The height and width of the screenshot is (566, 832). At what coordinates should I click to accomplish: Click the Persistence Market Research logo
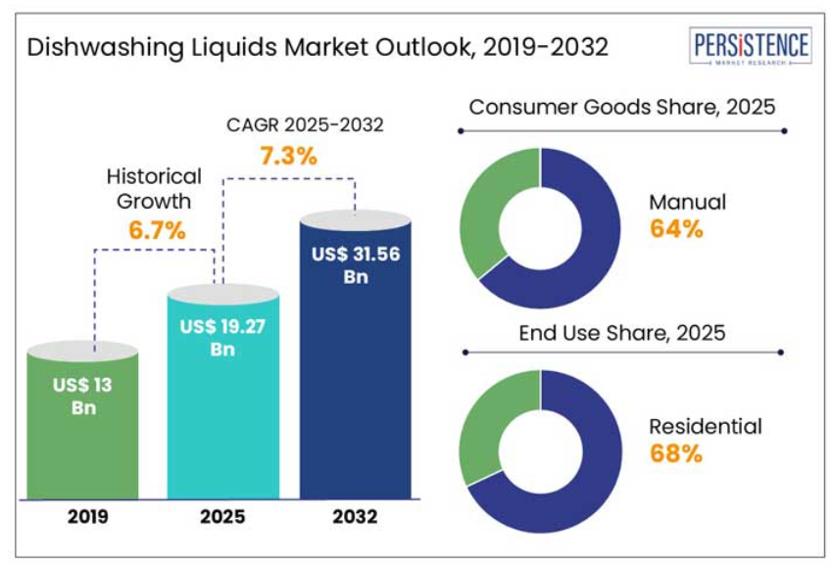coord(751,47)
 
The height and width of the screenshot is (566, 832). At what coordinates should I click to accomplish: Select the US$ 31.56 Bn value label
coord(355,264)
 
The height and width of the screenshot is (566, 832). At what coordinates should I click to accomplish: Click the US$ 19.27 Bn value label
coord(223,338)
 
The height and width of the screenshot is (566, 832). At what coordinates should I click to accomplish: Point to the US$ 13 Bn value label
coord(83,396)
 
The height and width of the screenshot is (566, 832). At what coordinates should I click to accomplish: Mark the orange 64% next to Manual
coord(676,229)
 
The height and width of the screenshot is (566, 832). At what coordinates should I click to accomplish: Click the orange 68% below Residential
coord(676,453)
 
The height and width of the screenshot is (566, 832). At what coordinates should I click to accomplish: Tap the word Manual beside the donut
coord(687,203)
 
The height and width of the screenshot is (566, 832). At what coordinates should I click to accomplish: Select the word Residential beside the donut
coord(705,427)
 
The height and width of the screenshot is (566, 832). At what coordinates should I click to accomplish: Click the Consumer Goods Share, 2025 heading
coord(621,107)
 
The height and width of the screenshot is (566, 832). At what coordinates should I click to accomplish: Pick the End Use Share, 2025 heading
coord(622,332)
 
